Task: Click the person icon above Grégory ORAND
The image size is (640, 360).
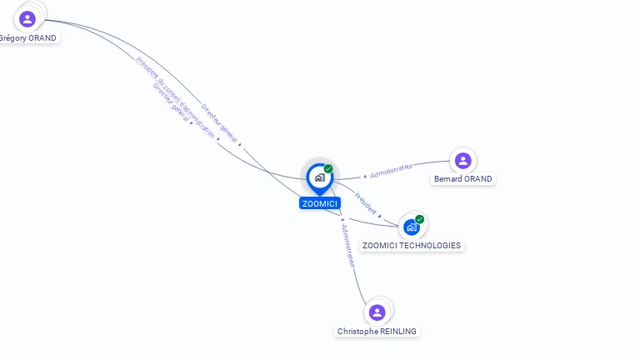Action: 27,19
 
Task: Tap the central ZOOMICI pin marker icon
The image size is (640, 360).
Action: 319,177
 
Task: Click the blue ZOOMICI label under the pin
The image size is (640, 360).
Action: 320,203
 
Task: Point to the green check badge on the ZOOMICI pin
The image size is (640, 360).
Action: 328,169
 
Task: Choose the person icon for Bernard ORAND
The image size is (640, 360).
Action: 462,160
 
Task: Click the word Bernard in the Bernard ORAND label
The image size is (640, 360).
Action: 448,179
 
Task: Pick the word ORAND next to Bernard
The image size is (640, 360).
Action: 478,179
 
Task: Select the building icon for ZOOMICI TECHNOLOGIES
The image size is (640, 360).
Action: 411,226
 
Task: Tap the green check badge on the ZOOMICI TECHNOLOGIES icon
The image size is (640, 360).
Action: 419,219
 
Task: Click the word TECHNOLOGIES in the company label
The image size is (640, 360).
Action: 428,246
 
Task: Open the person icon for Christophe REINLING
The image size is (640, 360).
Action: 377,312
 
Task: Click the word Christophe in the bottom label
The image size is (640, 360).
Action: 357,332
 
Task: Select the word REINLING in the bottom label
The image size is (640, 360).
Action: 398,332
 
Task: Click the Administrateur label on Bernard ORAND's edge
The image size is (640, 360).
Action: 392,171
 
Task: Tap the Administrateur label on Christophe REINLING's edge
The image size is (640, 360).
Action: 348,245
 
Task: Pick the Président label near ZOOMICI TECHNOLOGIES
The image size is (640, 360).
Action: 365,205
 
